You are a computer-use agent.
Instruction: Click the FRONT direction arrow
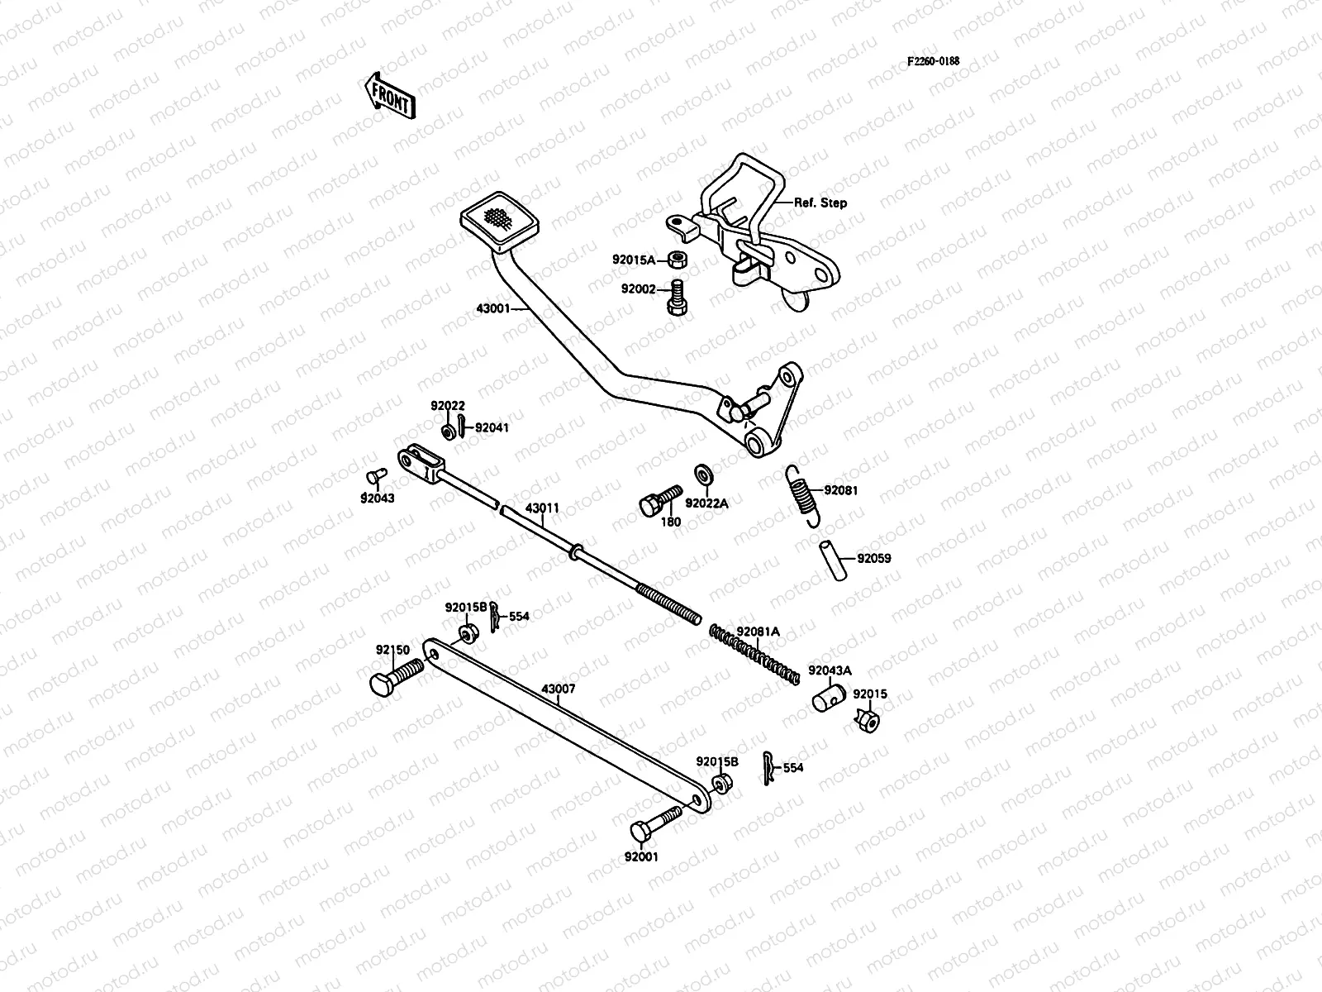389,94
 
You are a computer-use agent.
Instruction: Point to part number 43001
492,309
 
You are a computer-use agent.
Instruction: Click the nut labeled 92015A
675,260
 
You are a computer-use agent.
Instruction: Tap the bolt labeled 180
659,499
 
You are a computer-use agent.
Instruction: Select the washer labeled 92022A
705,475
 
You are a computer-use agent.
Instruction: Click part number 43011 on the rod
542,508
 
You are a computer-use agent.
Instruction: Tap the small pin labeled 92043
373,477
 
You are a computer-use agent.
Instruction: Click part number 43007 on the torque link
559,689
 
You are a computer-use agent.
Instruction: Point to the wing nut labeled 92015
868,721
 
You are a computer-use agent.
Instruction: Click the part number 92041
492,428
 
